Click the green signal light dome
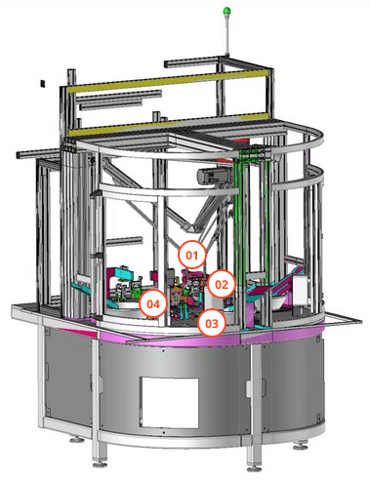(226, 11)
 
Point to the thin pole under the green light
(226, 34)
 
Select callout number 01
(192, 256)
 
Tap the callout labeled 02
(222, 285)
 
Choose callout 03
(212, 323)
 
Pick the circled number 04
(153, 304)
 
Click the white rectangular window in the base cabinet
(169, 403)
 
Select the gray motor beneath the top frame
(211, 177)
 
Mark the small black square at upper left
(43, 83)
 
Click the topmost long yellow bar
(171, 80)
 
